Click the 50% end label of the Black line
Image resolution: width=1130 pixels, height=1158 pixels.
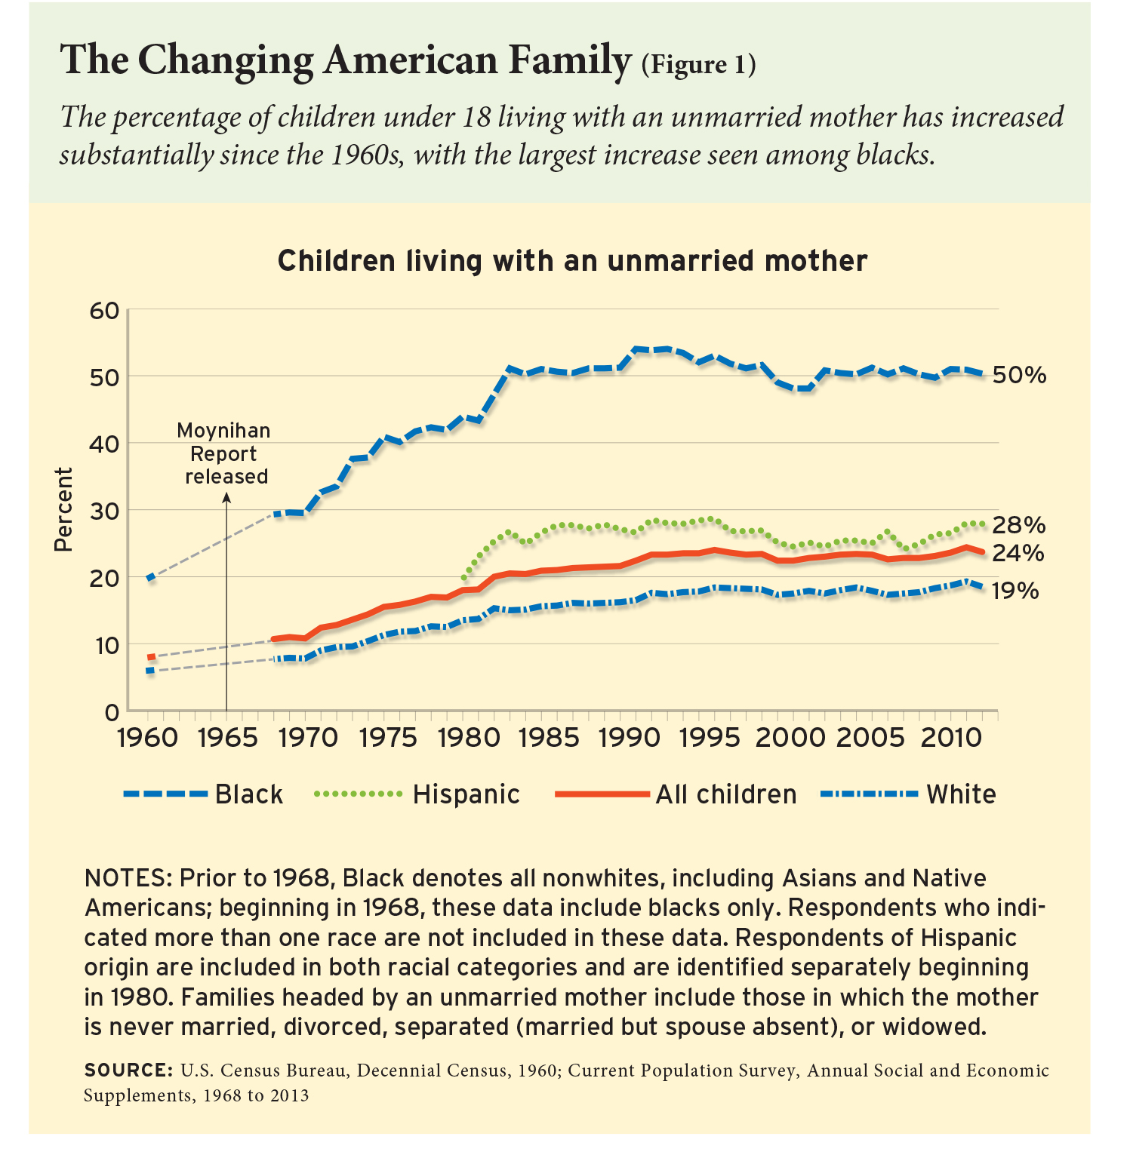pyautogui.click(x=1019, y=375)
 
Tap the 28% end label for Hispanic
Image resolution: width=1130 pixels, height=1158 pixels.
pyautogui.click(x=1019, y=525)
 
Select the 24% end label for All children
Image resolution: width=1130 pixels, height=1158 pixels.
pyautogui.click(x=1018, y=554)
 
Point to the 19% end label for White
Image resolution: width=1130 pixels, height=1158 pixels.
pyautogui.click(x=1015, y=591)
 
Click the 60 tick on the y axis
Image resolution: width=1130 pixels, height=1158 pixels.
pyautogui.click(x=104, y=310)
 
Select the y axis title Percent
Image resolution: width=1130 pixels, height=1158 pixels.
pyautogui.click(x=64, y=510)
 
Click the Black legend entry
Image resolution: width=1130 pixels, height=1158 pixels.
pyautogui.click(x=249, y=794)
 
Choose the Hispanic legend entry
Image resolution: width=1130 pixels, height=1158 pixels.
pyautogui.click(x=466, y=794)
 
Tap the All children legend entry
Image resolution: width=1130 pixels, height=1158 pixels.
pyautogui.click(x=725, y=794)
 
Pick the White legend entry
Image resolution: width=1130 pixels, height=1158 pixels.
pyautogui.click(x=961, y=794)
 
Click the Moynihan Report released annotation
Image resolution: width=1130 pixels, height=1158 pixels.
pyautogui.click(x=225, y=453)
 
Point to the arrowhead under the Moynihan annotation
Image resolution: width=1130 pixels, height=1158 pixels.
pyautogui.click(x=226, y=496)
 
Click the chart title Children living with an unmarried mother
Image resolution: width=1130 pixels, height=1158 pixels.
pyautogui.click(x=572, y=261)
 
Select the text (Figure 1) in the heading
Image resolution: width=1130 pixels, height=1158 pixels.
pyautogui.click(x=698, y=65)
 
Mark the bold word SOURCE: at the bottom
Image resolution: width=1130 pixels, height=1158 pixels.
pyautogui.click(x=128, y=1070)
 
